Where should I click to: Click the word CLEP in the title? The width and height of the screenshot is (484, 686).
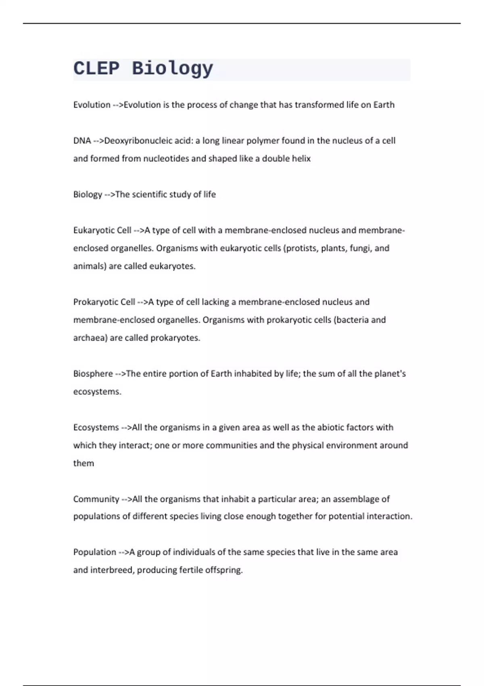pyautogui.click(x=96, y=68)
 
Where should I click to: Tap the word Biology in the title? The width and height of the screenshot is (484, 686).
pyautogui.click(x=172, y=69)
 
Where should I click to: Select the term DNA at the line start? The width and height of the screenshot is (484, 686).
pyautogui.click(x=82, y=141)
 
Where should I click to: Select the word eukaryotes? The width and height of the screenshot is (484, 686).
pyautogui.click(x=172, y=266)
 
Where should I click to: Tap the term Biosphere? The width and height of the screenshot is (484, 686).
pyautogui.click(x=93, y=374)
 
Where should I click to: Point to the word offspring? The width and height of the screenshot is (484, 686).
pyautogui.click(x=224, y=570)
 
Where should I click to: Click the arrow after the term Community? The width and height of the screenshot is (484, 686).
pyautogui.click(x=126, y=499)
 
